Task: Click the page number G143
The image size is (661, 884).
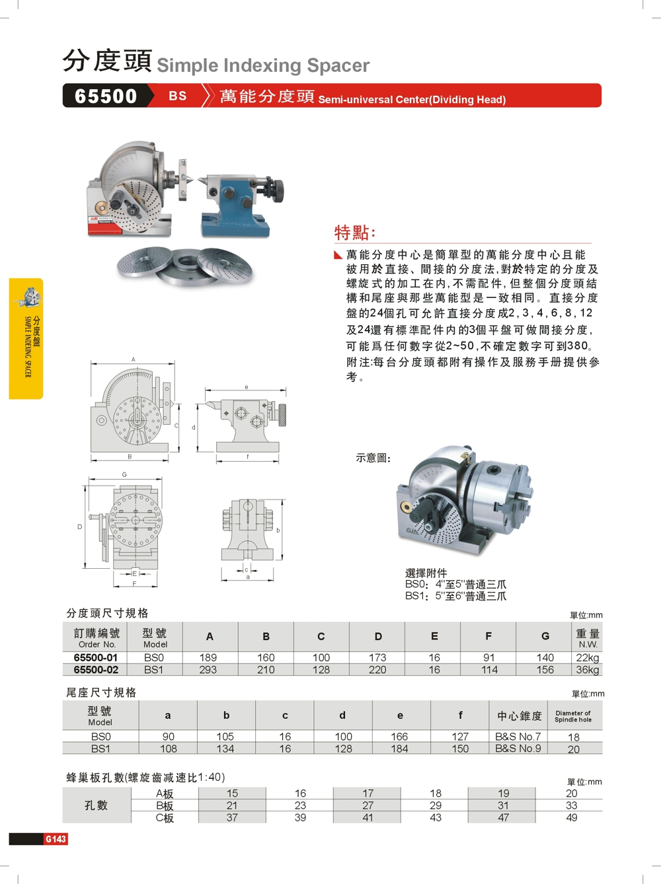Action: tap(56, 839)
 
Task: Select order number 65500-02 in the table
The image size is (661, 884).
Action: tap(96, 670)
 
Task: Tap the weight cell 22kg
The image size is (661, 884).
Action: tap(587, 657)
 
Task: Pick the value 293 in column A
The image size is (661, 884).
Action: tap(208, 670)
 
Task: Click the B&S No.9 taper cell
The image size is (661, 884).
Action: tap(518, 749)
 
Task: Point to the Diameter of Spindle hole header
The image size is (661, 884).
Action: tap(573, 716)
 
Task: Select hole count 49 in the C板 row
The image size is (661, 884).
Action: tap(572, 817)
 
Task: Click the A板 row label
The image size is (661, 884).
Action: tap(165, 793)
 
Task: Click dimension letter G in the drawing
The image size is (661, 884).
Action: tap(124, 474)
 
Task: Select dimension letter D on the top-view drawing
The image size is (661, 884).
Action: tap(80, 527)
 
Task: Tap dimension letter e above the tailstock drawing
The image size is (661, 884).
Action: tap(247, 387)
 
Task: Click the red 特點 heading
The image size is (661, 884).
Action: tap(354, 233)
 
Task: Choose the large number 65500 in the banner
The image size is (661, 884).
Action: tap(106, 96)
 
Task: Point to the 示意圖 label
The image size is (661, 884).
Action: tap(373, 458)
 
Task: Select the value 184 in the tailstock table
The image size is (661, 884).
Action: tap(399, 749)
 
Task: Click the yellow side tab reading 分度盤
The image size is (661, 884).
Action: tap(26, 338)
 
